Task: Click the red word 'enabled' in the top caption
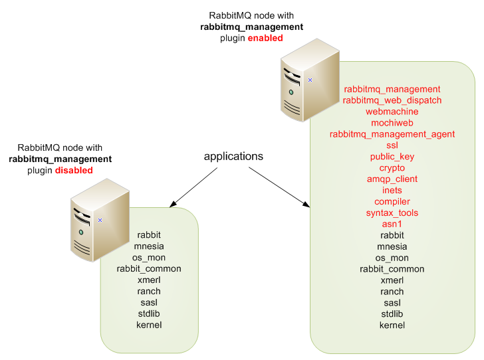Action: point(265,39)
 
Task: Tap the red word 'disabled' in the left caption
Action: point(73,171)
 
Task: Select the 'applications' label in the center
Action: point(233,157)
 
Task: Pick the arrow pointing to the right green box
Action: point(280,188)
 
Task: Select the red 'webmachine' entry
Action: point(392,112)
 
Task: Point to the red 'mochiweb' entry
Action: point(392,123)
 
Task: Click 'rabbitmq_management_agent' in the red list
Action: point(392,134)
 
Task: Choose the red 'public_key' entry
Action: point(392,157)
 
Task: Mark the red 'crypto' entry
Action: point(392,168)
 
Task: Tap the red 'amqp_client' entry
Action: point(392,179)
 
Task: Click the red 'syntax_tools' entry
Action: point(392,213)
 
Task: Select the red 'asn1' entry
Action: point(392,225)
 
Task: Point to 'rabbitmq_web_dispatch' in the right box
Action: point(392,100)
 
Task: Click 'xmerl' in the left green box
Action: point(149,280)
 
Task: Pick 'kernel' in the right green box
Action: point(392,325)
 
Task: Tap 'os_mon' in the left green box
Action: point(149,258)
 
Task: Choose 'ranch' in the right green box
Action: point(392,292)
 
